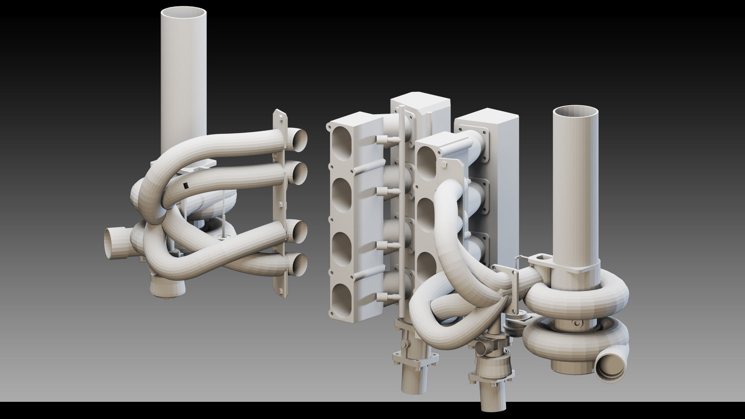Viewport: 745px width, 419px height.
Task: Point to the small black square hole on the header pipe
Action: coord(186,186)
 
